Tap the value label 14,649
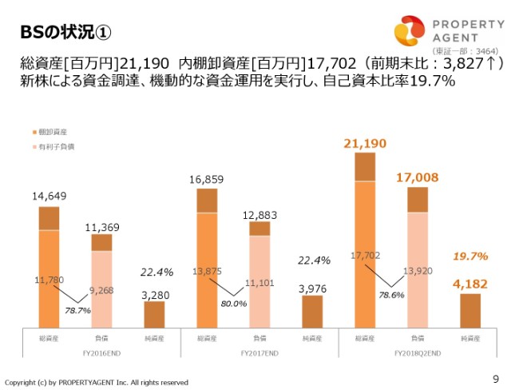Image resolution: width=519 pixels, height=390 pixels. [50, 196]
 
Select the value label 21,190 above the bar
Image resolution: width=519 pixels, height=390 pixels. [364, 143]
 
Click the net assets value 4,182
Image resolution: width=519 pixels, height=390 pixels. [470, 283]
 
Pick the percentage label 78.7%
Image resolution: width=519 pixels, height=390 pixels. [77, 309]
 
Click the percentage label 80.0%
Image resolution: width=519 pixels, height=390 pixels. [234, 304]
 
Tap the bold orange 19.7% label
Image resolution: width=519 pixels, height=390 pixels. [469, 256]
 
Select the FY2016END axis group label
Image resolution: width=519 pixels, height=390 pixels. [101, 352]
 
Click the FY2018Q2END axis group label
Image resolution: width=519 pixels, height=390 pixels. [418, 352]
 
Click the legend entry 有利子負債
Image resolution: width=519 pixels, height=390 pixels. [56, 147]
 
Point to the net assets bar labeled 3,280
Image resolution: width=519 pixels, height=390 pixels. [154, 314]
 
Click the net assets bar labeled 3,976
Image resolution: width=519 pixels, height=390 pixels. [312, 312]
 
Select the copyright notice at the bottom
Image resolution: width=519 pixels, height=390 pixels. [97, 382]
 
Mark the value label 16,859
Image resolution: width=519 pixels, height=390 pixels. [206, 179]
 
